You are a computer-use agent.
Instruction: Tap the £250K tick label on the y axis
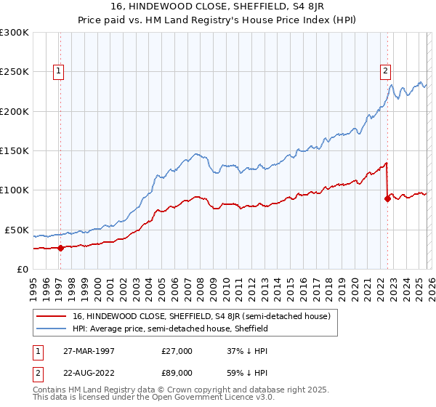(15, 72)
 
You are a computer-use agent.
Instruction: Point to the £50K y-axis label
(17, 230)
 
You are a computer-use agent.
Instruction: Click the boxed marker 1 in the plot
(57, 70)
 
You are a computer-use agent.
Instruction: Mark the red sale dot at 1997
(60, 248)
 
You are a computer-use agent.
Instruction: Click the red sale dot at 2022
(387, 199)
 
